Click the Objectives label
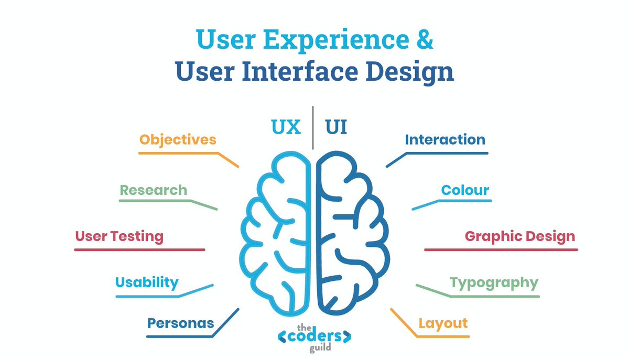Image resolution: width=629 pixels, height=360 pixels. coord(178,140)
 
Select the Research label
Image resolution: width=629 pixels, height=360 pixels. coord(153,190)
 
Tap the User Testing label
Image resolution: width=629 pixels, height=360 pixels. coord(119,236)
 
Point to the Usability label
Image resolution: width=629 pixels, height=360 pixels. coord(147,282)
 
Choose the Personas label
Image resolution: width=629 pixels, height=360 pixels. coord(180,323)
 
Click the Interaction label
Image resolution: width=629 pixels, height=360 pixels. coord(445,140)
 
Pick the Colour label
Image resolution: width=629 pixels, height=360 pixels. coord(465,190)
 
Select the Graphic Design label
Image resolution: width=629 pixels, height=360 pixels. coord(520,236)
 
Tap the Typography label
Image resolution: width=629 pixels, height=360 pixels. coord(494,283)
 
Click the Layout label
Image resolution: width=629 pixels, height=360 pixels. coord(443,323)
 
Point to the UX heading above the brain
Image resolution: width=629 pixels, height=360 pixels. coord(286,127)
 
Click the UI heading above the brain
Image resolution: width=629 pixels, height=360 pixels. coord(337,127)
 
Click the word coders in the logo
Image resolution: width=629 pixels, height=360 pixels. coord(314,336)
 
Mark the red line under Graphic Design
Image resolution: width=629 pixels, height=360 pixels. coord(501,249)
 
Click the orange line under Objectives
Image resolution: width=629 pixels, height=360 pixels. coord(178,153)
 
